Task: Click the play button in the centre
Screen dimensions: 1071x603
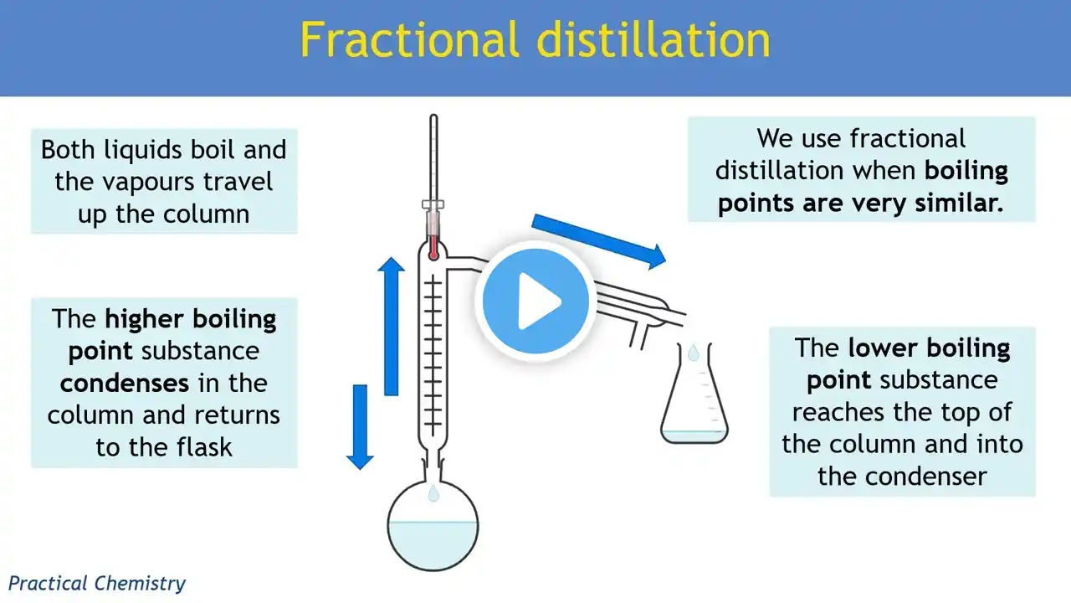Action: click(x=535, y=301)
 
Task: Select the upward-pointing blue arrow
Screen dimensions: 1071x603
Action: click(x=391, y=327)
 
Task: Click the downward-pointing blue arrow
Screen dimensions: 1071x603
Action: click(x=360, y=427)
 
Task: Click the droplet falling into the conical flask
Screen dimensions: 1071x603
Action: click(x=694, y=353)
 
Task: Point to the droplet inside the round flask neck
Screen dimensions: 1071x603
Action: click(x=433, y=493)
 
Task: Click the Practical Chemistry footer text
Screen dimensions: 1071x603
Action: click(x=96, y=584)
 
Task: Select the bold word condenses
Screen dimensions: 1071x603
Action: click(x=125, y=384)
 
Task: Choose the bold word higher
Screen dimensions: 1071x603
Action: click(x=142, y=320)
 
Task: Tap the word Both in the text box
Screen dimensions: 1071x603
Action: click(x=68, y=150)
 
